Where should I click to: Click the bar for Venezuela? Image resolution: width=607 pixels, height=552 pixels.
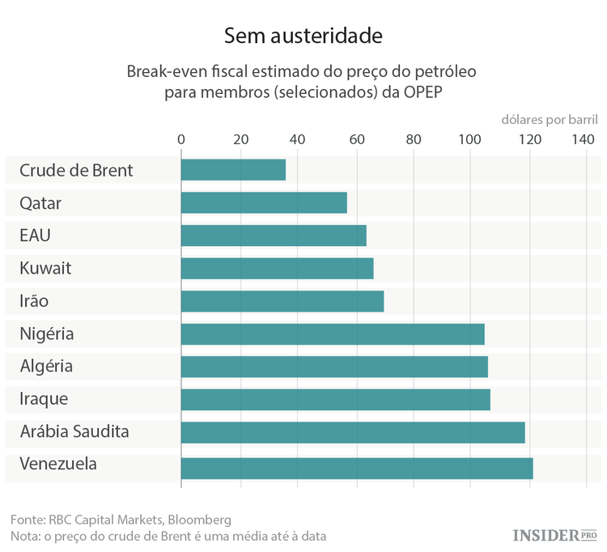[x=356, y=468]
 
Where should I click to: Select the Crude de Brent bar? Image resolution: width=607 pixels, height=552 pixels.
[x=233, y=170]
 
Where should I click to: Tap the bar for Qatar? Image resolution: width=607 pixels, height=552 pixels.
[x=263, y=202]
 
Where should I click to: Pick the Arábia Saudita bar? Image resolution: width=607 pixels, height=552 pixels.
[x=352, y=432]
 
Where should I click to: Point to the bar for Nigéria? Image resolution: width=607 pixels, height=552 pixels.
[x=332, y=333]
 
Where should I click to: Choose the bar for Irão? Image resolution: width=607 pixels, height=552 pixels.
[x=282, y=301]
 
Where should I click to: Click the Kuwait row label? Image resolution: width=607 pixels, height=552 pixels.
[x=45, y=268]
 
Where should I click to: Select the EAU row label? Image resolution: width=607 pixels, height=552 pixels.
[x=36, y=236]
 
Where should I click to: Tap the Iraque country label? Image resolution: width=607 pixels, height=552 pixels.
[x=44, y=399]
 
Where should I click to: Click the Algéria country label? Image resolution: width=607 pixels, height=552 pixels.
[x=46, y=367]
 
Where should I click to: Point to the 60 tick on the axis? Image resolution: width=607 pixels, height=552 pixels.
[x=356, y=138]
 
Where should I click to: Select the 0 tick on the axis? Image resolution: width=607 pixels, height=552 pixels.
[x=181, y=138]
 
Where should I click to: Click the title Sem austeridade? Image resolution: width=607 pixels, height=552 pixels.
[x=303, y=36]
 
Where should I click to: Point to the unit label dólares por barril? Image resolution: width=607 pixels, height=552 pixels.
[x=549, y=119]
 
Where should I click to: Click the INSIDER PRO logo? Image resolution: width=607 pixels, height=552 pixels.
[x=554, y=535]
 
